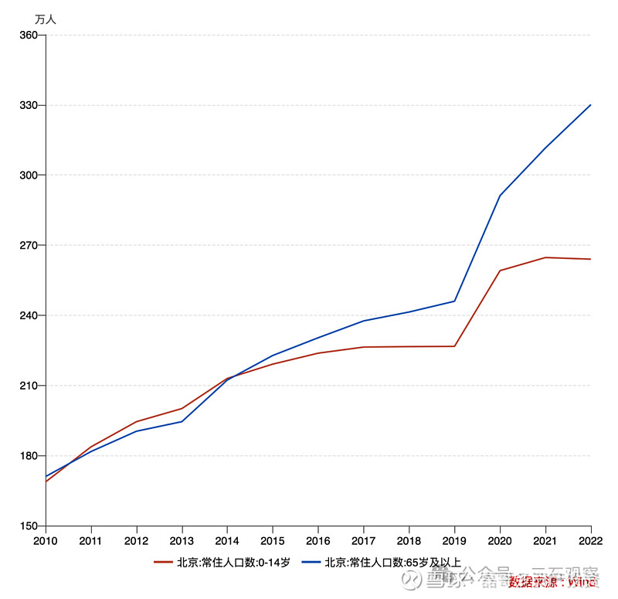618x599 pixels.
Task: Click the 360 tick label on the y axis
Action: [x=27, y=36]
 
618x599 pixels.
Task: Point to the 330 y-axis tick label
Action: [x=27, y=105]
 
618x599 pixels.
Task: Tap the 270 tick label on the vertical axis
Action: [x=27, y=246]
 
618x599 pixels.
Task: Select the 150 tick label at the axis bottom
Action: [x=27, y=526]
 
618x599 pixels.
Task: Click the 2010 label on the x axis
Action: [x=46, y=540]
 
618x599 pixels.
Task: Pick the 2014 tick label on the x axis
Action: [x=227, y=540]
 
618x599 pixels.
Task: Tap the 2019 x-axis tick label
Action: [x=454, y=540]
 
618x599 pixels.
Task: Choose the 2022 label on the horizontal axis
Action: [x=590, y=540]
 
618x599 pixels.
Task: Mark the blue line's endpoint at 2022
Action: [x=591, y=105]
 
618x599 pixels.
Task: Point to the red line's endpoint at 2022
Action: [x=591, y=259]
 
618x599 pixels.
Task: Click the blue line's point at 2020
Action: [x=500, y=196]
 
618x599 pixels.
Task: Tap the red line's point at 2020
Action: [x=500, y=271]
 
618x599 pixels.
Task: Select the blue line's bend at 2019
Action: [x=455, y=301]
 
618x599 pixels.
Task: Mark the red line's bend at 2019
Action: [x=455, y=346]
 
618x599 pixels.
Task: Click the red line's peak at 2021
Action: [x=545, y=257]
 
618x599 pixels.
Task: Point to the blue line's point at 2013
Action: [x=182, y=421]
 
